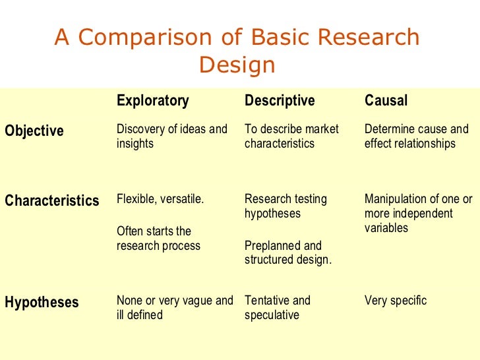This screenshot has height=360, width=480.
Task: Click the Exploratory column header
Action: coord(152,101)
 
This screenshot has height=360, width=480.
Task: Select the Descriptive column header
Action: coord(280,101)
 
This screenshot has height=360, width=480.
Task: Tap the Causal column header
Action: coord(386,101)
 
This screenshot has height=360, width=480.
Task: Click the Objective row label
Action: coord(34,131)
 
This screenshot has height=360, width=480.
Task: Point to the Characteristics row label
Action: coord(52,200)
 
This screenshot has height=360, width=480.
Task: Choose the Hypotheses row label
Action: coord(42,303)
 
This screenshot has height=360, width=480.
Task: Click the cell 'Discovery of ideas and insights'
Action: coord(171,136)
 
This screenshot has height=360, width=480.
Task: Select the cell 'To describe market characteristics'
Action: coord(291,136)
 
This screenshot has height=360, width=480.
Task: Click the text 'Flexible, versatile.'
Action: coord(160,198)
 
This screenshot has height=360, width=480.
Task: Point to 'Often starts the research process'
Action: coord(158,239)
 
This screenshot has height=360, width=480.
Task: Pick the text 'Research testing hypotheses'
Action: coord(285,206)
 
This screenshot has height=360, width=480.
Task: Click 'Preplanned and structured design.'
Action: coord(288,253)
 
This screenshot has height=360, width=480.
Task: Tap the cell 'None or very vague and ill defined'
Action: coord(175,307)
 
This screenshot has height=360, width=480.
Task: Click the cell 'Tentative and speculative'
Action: coord(277,307)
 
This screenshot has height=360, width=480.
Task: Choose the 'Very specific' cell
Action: coord(396,301)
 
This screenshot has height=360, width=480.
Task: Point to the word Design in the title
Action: coord(237,65)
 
